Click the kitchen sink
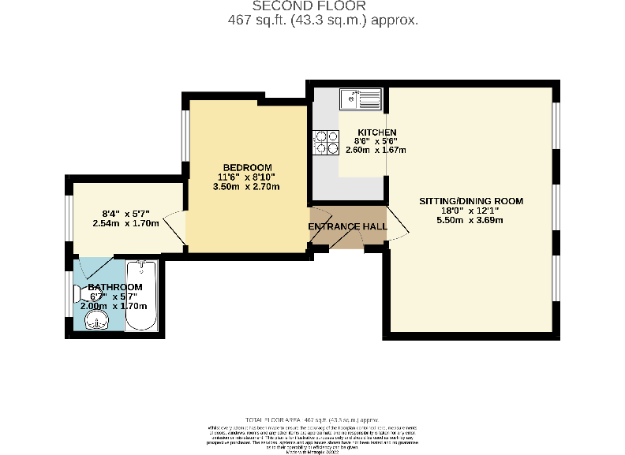tap(361, 99)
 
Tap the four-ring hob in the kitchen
tap(323, 140)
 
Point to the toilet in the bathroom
tap(81, 293)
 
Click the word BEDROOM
tap(247, 167)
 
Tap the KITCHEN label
tap(376, 132)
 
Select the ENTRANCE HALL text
tap(347, 227)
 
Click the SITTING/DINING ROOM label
tap(470, 201)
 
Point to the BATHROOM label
tap(115, 287)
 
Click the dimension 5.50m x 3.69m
tap(470, 220)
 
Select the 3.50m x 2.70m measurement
tap(247, 187)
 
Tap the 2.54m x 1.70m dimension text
tap(125, 223)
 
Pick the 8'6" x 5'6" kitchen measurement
tap(376, 141)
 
